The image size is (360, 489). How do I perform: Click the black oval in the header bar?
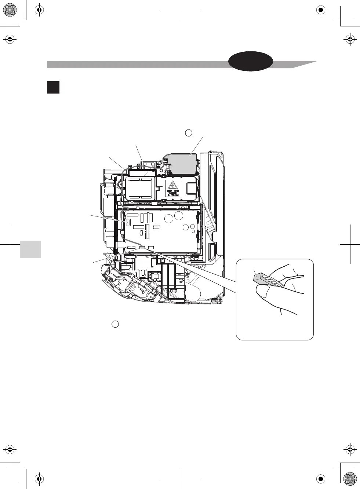tap(251, 61)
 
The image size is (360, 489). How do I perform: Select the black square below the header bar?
tap(53, 87)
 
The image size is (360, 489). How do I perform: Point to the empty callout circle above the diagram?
tap(188, 133)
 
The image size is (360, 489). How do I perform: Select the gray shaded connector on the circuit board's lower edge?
tap(142, 248)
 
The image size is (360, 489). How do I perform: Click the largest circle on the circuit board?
tap(179, 215)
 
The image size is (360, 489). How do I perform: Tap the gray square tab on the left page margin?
tap(30, 249)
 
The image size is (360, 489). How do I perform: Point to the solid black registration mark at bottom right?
tap(350, 479)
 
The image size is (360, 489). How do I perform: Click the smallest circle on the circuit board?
tap(193, 231)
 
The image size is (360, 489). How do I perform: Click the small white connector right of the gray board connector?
tap(151, 248)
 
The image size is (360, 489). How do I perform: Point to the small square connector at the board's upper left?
tap(128, 222)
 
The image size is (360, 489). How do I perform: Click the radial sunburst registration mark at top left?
tap(10, 10)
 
